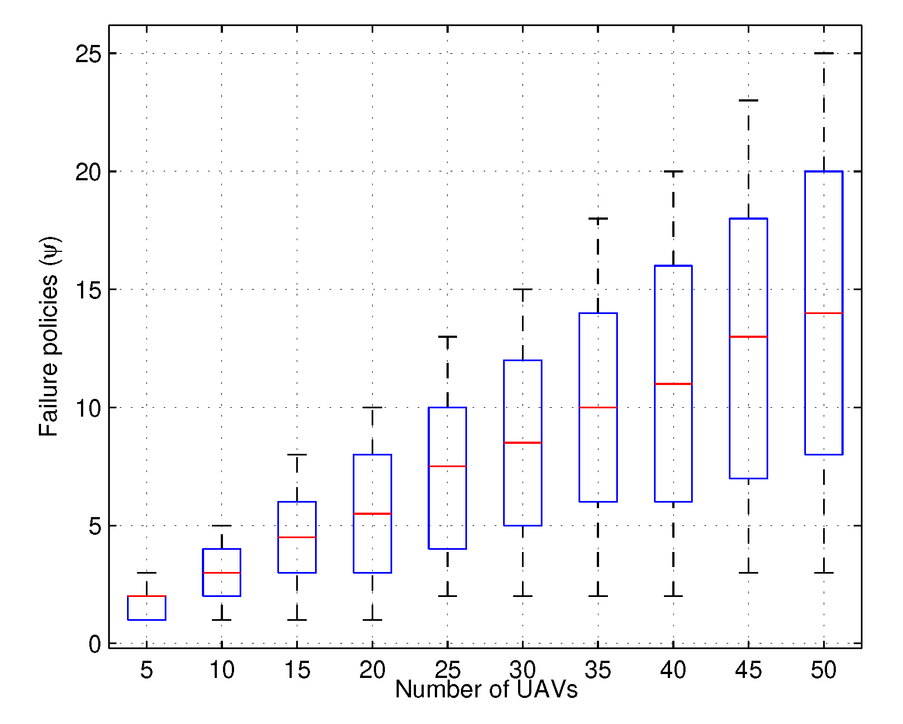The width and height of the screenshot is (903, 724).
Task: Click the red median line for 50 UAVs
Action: [x=823, y=313]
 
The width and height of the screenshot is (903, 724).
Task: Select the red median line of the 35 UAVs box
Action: [x=598, y=408]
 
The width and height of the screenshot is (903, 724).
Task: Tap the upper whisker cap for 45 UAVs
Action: [x=748, y=100]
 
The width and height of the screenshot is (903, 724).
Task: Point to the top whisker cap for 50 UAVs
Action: [x=823, y=53]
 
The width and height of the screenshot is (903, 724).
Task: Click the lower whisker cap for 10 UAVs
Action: [x=221, y=620]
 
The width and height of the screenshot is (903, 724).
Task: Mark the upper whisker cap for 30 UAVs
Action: [x=522, y=290]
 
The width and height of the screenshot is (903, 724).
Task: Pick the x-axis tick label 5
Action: [x=146, y=671]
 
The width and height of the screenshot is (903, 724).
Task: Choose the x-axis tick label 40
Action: [x=673, y=671]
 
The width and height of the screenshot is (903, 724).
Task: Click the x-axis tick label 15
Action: [x=297, y=671]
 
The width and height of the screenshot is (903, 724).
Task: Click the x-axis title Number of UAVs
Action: [x=486, y=690]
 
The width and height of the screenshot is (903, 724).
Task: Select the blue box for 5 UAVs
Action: [x=146, y=608]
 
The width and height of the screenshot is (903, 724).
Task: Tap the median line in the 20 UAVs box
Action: [x=372, y=514]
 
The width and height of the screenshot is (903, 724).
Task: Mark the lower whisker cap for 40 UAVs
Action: [x=673, y=596]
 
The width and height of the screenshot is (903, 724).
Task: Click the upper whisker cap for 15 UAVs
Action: [x=297, y=455]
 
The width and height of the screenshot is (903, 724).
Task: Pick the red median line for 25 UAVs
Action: [x=447, y=467]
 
